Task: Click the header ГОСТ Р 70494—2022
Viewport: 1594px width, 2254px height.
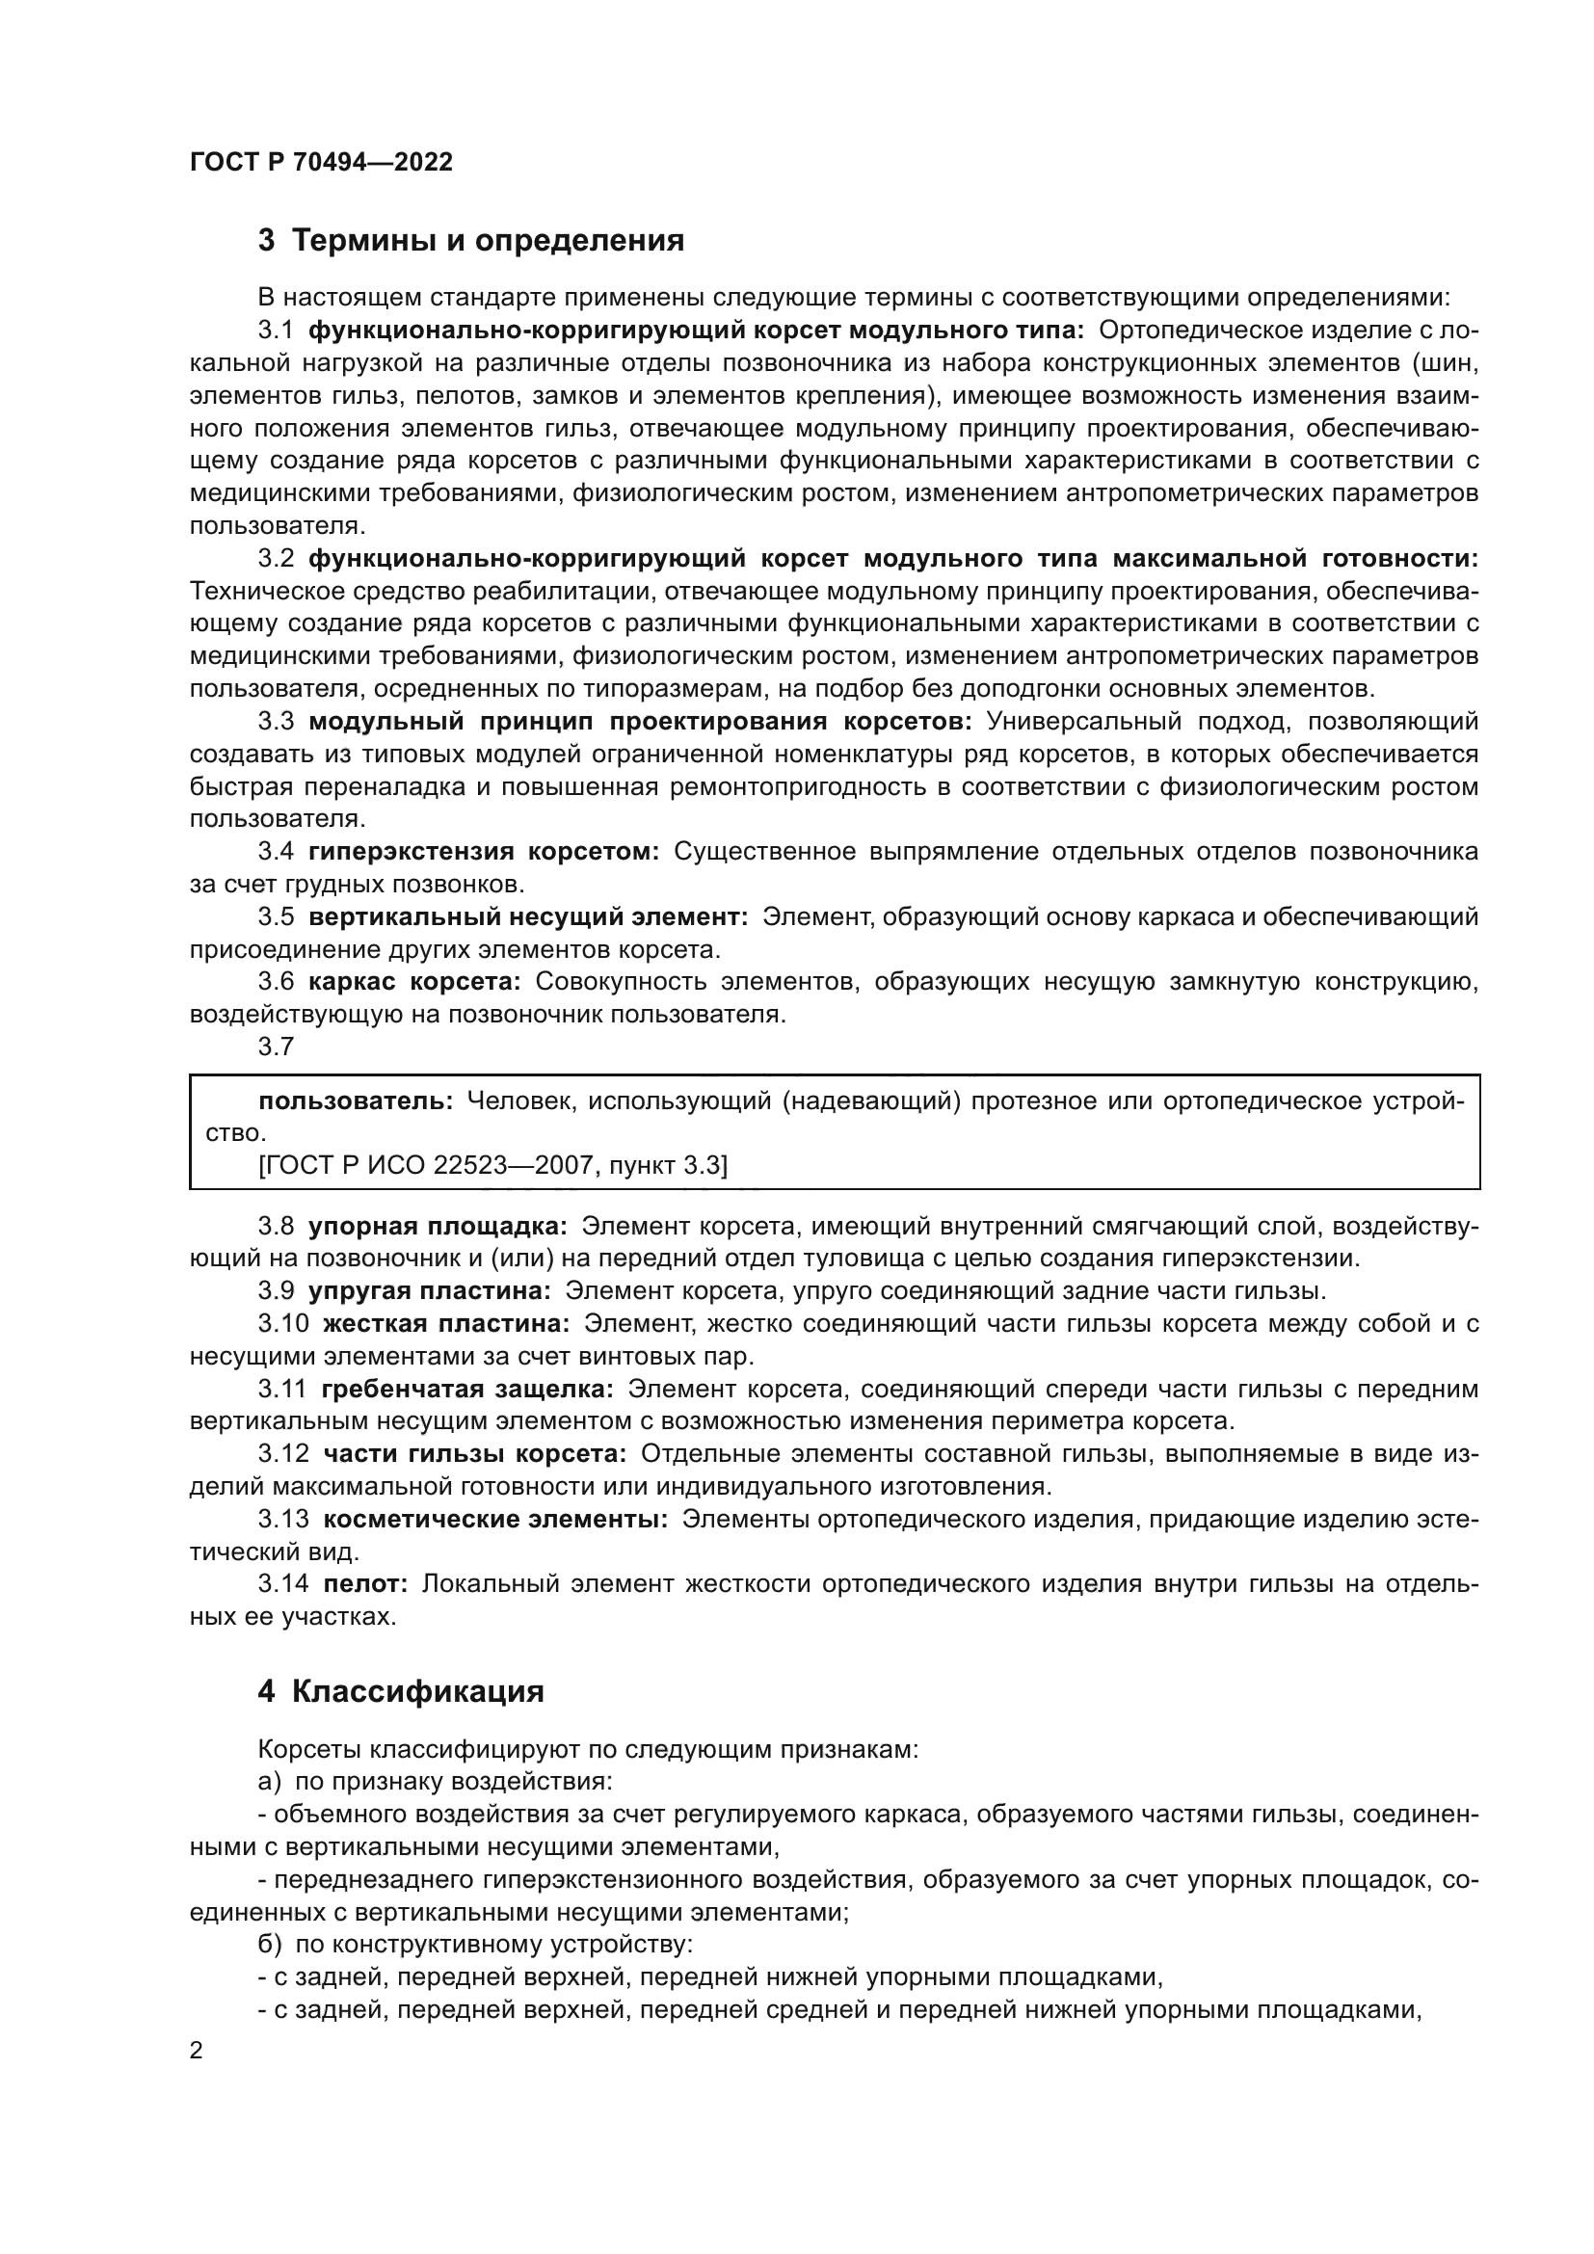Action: [x=321, y=162]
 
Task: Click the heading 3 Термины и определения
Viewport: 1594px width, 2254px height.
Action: [x=471, y=241]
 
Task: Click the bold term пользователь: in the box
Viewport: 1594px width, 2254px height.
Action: [x=356, y=1100]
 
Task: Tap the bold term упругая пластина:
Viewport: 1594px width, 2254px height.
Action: [x=430, y=1290]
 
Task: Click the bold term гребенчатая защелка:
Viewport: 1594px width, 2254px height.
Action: [x=467, y=1388]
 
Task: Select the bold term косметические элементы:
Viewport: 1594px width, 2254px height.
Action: [x=494, y=1519]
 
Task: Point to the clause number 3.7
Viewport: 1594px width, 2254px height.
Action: [x=276, y=1047]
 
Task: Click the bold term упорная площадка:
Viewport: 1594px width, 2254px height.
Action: [x=438, y=1225]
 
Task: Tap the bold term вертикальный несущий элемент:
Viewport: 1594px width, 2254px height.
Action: [x=528, y=916]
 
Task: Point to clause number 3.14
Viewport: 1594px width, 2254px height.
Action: [x=282, y=1582]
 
